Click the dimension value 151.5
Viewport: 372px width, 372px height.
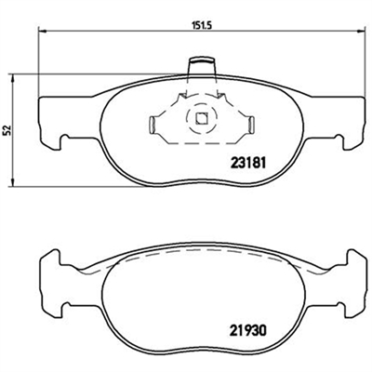pyautogui.click(x=202, y=26)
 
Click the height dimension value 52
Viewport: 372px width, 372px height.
pyautogui.click(x=7, y=130)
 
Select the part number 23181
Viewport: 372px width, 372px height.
pyautogui.click(x=248, y=163)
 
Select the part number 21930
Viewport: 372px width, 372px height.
pyautogui.click(x=248, y=331)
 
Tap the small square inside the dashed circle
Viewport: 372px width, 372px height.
pyautogui.click(x=202, y=118)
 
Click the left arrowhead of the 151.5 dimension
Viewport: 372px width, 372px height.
pyautogui.click(x=42, y=31)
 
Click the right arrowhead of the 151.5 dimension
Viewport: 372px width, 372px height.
pyautogui.click(x=361, y=31)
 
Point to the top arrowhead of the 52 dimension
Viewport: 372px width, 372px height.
pyautogui.click(x=12, y=78)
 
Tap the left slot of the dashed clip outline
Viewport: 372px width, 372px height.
pyautogui.click(x=152, y=126)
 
